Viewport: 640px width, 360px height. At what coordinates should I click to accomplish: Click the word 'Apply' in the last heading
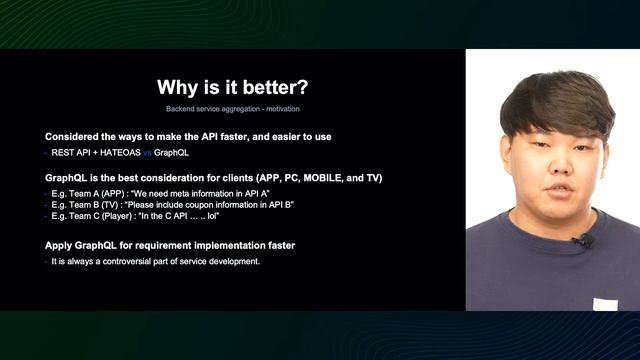60,245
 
